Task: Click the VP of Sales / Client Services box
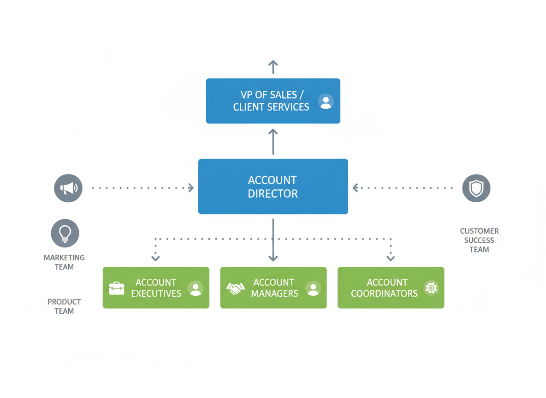coord(273,101)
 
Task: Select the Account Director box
coord(273,187)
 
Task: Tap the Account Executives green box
coord(156,288)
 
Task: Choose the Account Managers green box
coord(273,288)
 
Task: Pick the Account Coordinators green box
coord(391,288)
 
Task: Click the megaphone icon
coord(68,188)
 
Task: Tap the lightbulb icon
coord(65,233)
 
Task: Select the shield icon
coord(476,188)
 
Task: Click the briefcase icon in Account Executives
coord(117,288)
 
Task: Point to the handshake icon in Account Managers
coord(235,289)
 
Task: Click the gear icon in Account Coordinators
coord(431,288)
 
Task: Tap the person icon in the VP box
coord(326,102)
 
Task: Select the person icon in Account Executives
coord(196,289)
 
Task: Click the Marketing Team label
coord(64,262)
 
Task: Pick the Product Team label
coord(64,306)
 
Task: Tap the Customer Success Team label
coord(479,240)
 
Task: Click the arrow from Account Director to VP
coord(273,141)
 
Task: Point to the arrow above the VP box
coord(273,67)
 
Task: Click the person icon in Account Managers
coord(313,289)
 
